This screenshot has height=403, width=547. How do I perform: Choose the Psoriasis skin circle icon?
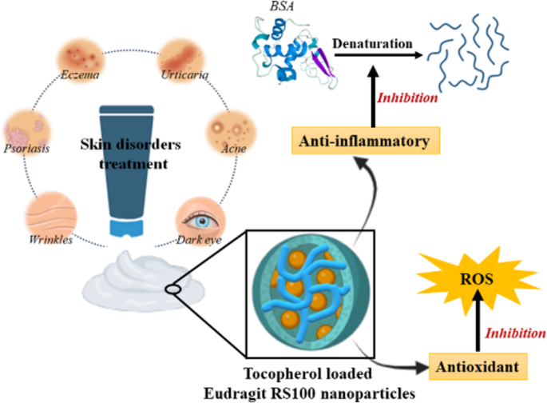(x=21, y=130)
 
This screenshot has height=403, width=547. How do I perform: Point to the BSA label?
(x=279, y=7)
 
